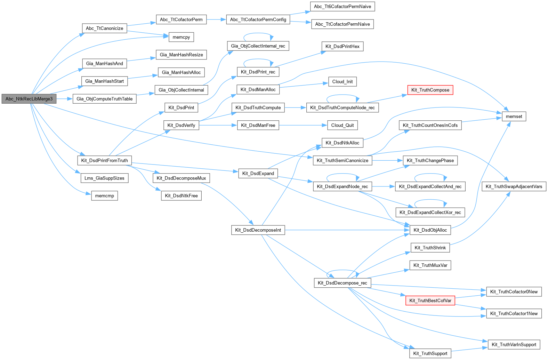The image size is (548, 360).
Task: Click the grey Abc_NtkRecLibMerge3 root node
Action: [29, 99]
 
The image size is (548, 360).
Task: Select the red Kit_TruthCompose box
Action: [430, 90]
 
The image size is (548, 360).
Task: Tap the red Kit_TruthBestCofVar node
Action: [430, 301]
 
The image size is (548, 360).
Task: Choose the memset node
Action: [514, 117]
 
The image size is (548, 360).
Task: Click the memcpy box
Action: [181, 37]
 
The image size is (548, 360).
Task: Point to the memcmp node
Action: [104, 196]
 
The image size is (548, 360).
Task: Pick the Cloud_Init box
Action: [342, 82]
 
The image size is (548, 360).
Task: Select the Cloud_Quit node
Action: [342, 125]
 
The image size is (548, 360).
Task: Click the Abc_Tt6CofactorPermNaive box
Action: [342, 7]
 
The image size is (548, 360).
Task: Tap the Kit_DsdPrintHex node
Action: [342, 47]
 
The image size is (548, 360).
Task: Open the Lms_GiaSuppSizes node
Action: [104, 178]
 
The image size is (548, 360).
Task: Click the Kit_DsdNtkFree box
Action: [181, 196]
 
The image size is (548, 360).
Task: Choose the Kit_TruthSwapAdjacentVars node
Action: [514, 186]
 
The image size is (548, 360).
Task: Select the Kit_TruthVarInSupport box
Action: [514, 345]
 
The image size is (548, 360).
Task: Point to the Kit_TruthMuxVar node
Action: [430, 265]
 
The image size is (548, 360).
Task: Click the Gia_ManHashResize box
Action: [181, 55]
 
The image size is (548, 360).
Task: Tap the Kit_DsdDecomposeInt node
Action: [258, 230]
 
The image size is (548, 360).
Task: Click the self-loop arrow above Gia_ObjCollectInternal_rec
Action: [258, 33]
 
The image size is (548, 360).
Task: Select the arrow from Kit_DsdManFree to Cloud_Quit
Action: [303, 125]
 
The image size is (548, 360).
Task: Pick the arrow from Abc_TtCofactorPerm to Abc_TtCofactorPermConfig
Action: [216, 19]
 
